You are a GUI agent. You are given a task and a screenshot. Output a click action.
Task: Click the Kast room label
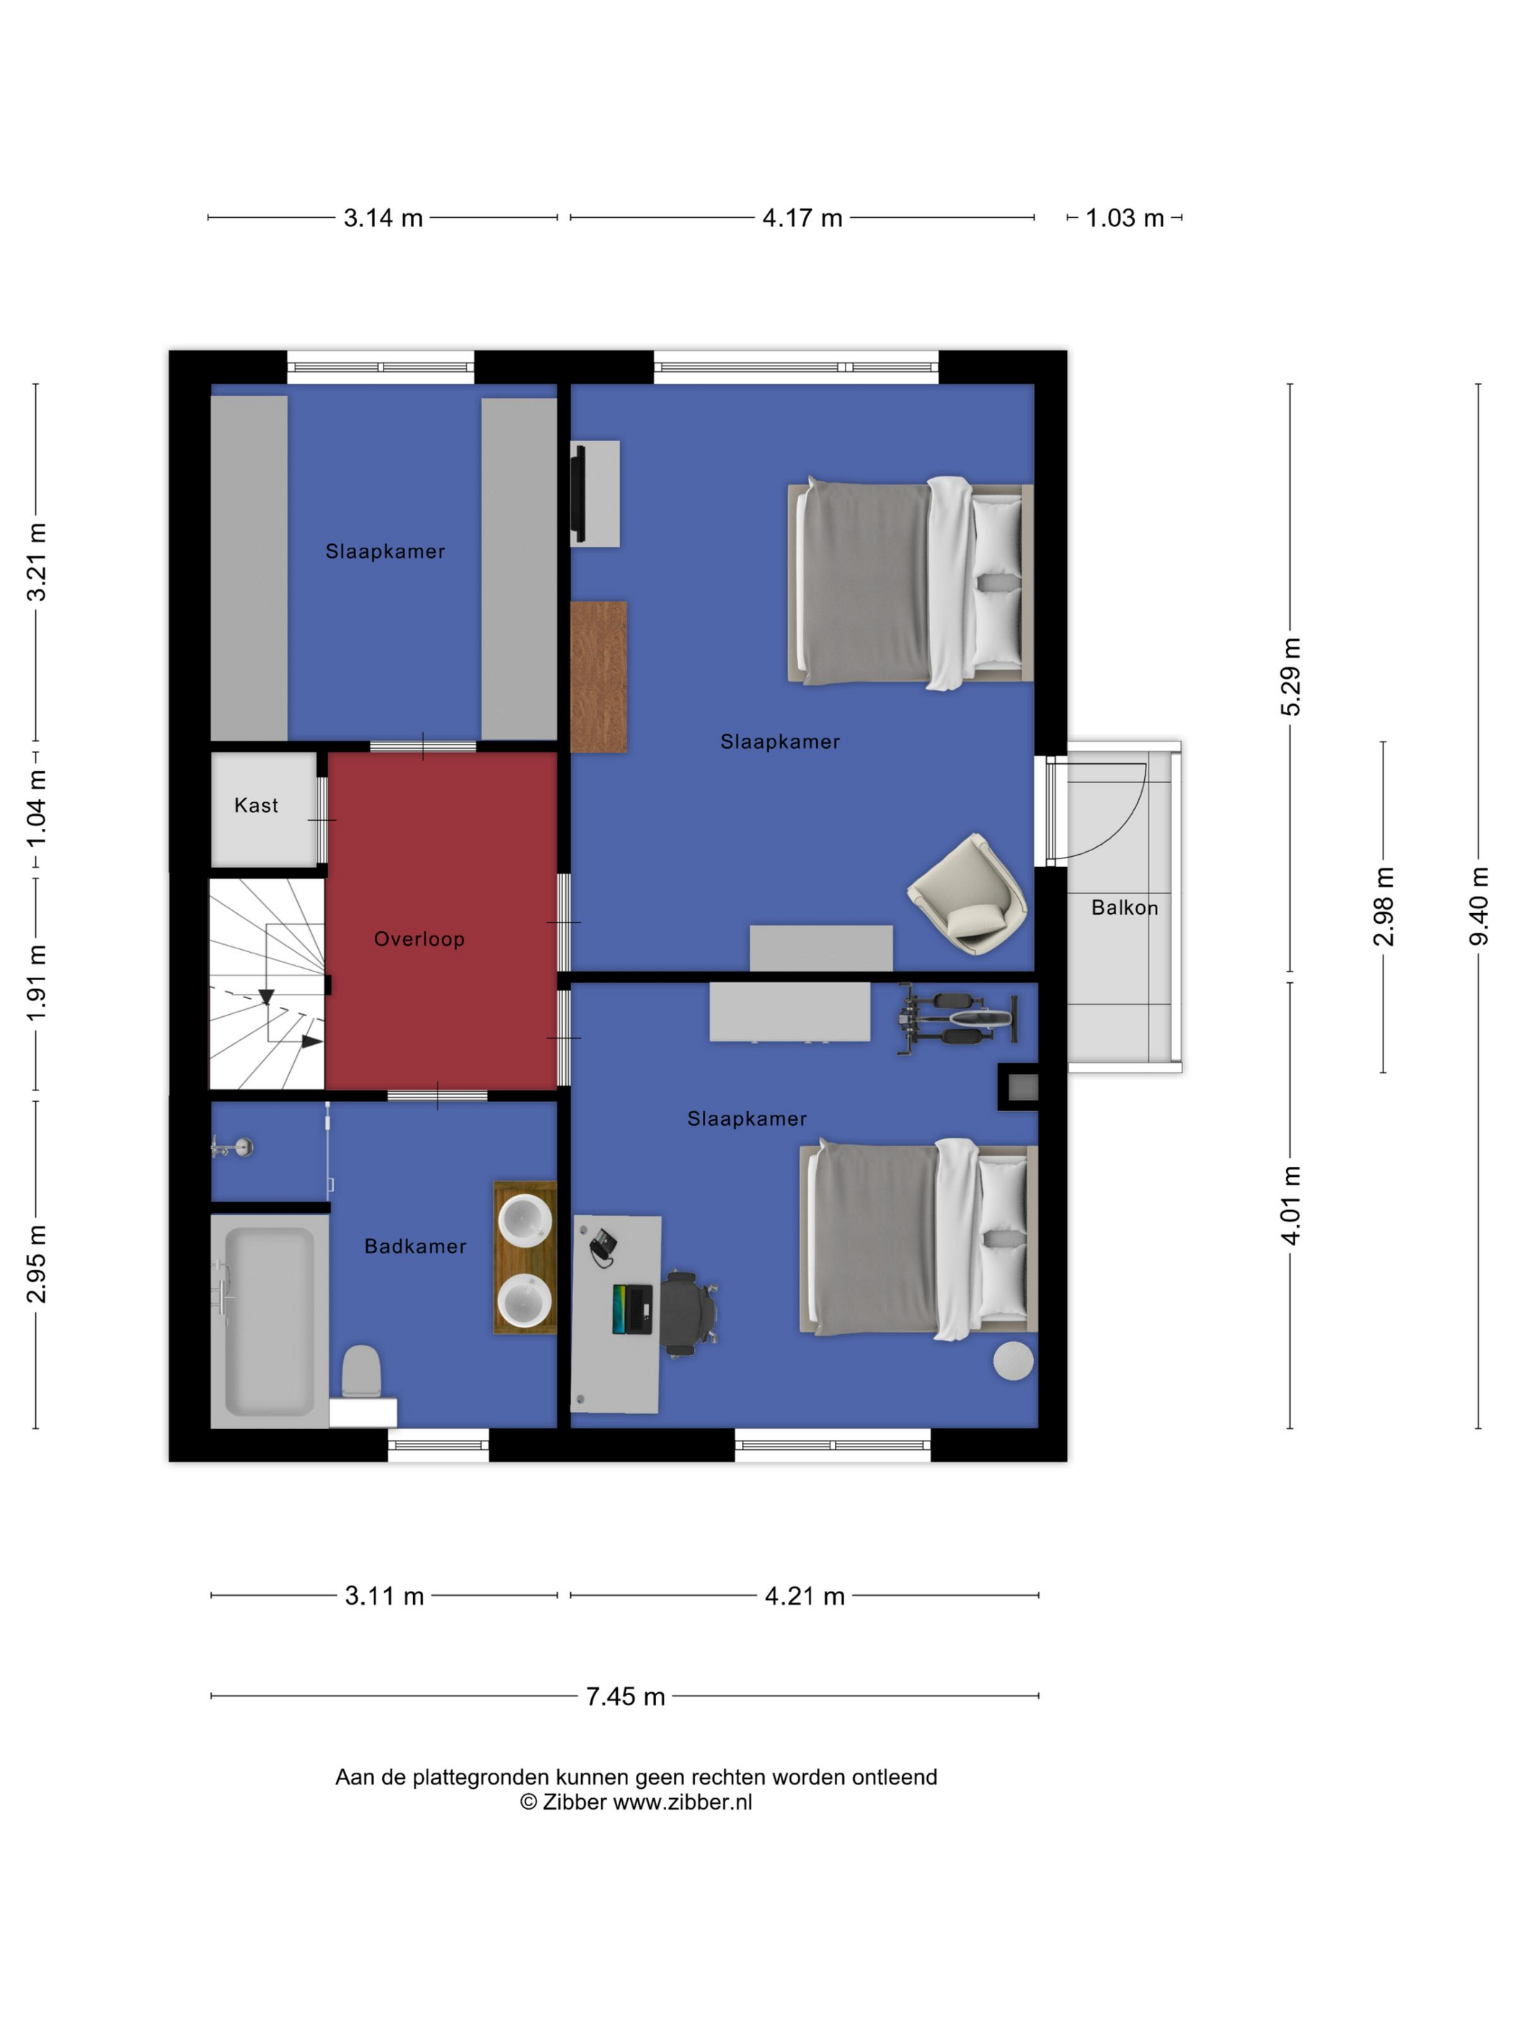pos(255,804)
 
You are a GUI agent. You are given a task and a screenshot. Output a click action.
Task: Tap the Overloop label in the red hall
pos(419,939)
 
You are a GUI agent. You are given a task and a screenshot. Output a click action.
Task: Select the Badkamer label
pos(415,1246)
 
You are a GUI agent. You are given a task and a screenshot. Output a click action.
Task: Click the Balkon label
pos(1124,907)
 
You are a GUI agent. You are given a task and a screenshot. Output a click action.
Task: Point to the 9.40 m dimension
pos(1479,906)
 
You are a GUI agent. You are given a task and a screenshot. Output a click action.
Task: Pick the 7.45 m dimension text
pos(625,1696)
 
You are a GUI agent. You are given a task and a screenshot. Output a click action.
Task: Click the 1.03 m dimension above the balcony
pos(1124,218)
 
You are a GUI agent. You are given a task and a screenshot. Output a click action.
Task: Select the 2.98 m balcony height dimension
pos(1384,906)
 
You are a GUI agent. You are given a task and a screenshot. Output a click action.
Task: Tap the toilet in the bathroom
pos(361,1372)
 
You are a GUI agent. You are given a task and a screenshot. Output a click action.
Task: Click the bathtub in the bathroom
pos(269,1321)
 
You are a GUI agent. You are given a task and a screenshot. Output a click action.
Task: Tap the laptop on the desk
pos(632,1309)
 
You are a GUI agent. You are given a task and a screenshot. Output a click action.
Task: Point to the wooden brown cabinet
pos(598,677)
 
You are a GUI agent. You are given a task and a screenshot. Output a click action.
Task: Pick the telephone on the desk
pos(601,1245)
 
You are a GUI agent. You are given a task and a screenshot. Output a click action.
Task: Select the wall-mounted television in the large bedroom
pos(577,493)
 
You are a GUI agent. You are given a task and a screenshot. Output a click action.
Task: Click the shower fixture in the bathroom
pos(232,1147)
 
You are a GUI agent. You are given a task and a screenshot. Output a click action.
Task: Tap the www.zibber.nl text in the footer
pos(683,1802)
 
